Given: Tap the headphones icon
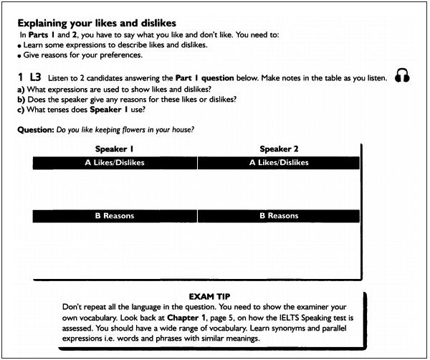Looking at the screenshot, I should pyautogui.click(x=402, y=77).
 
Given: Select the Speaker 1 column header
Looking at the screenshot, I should pyautogui.click(x=115, y=149).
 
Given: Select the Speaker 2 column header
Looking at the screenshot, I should pyautogui.click(x=279, y=149).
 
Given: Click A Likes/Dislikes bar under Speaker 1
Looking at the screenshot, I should pyautogui.click(x=115, y=163).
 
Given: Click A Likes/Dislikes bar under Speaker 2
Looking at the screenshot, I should pyautogui.click(x=279, y=163).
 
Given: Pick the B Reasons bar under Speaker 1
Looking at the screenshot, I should pyautogui.click(x=115, y=216).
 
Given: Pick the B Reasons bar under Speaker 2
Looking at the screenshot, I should pyautogui.click(x=279, y=216).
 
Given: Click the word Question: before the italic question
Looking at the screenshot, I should pyautogui.click(x=34, y=130).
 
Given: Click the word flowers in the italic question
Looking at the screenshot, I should pyautogui.click(x=131, y=130).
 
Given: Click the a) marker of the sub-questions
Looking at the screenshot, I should pyautogui.click(x=20, y=88).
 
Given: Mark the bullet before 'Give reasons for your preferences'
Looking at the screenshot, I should pyautogui.click(x=19, y=56).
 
